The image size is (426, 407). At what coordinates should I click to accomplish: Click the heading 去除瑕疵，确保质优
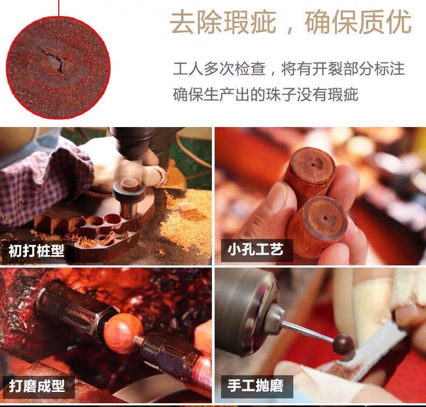coord(291,22)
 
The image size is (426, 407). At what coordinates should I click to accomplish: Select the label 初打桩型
coord(37,251)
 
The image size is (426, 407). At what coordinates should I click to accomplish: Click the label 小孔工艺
coord(256,250)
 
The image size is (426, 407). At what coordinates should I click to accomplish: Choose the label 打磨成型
coord(37,386)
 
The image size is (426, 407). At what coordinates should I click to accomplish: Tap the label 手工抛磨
coord(256,385)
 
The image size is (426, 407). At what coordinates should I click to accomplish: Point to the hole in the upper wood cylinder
coord(313,165)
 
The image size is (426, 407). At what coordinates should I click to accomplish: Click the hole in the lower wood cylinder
coord(325,217)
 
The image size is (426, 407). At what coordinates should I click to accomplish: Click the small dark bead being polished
coord(343,345)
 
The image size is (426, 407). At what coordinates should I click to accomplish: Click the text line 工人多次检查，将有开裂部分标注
coord(289,68)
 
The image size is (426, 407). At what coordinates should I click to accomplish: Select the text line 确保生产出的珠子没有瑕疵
coord(265,94)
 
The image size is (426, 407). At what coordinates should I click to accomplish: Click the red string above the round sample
coord(59,8)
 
